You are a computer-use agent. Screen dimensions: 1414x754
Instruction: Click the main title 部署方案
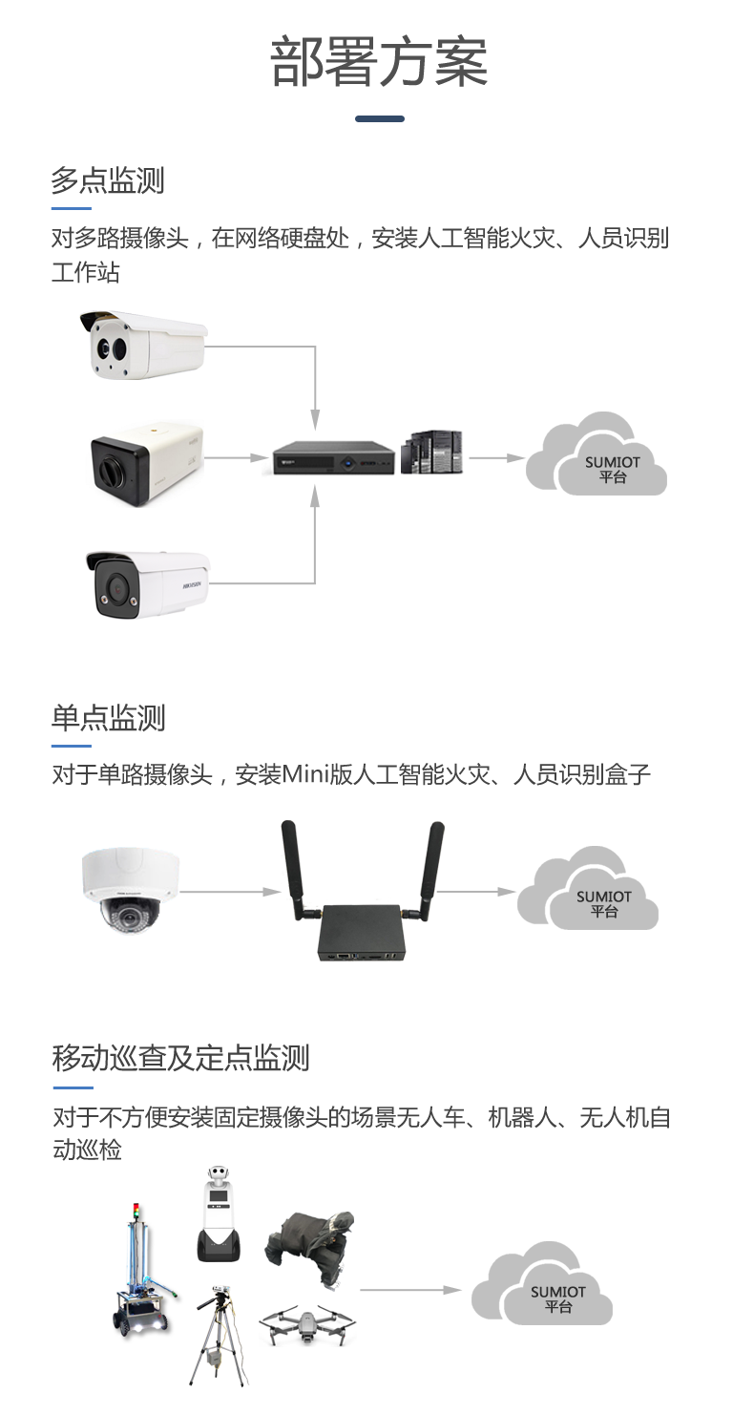tap(379, 63)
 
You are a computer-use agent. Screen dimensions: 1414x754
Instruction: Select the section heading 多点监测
tap(108, 180)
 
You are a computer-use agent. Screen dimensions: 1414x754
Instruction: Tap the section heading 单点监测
tap(108, 718)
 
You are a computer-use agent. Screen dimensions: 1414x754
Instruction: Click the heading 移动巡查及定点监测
tap(181, 1058)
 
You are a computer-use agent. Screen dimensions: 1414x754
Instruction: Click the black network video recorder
tap(332, 458)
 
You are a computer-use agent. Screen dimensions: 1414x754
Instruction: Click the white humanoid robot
tap(219, 1214)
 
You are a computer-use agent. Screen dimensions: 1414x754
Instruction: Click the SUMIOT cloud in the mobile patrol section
tap(543, 1284)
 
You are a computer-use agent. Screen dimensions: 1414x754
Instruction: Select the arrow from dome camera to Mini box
tap(230, 892)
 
